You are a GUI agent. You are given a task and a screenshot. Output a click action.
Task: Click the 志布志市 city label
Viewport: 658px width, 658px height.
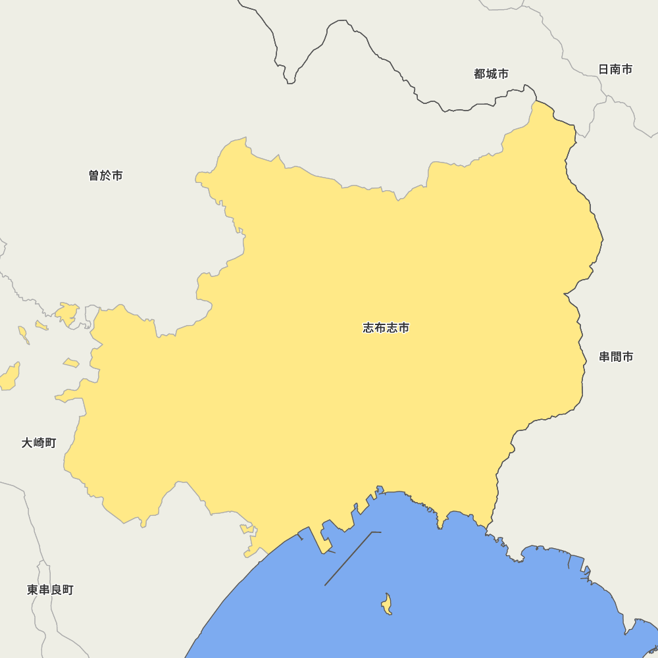[386, 328]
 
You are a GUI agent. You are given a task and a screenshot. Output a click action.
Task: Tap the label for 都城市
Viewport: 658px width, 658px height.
[491, 74]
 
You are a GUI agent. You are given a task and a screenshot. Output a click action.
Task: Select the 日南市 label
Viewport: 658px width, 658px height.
[615, 69]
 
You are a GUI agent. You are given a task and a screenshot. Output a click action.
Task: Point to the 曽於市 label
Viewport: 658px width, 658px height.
[105, 176]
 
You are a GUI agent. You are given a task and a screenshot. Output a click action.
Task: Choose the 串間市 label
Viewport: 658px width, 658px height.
[616, 357]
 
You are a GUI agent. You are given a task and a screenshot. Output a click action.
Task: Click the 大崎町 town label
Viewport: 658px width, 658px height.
[39, 443]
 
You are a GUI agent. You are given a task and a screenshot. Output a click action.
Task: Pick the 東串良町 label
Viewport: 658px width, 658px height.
[50, 590]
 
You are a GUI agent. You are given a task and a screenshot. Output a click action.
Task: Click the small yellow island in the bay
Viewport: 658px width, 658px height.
[387, 604]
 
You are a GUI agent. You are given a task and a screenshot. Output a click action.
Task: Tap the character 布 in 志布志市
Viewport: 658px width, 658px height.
[380, 328]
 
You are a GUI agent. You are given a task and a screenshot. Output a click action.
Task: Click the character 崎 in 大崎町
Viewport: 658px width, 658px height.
[39, 443]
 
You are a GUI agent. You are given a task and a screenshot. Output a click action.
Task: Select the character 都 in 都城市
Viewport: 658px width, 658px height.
[480, 74]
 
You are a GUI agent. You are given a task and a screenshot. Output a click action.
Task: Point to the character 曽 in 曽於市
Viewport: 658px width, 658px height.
[94, 176]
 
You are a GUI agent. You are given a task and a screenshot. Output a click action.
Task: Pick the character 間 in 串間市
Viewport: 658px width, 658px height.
[616, 357]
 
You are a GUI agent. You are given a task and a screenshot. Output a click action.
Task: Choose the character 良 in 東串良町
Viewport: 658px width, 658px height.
[56, 590]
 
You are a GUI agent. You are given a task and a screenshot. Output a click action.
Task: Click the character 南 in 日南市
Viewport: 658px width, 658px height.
[615, 69]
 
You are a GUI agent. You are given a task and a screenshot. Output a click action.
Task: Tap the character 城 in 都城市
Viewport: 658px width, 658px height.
[491, 74]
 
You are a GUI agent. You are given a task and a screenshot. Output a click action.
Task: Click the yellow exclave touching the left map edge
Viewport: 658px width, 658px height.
[9, 377]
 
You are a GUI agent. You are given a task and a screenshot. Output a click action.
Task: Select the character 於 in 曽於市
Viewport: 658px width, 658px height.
[105, 176]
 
